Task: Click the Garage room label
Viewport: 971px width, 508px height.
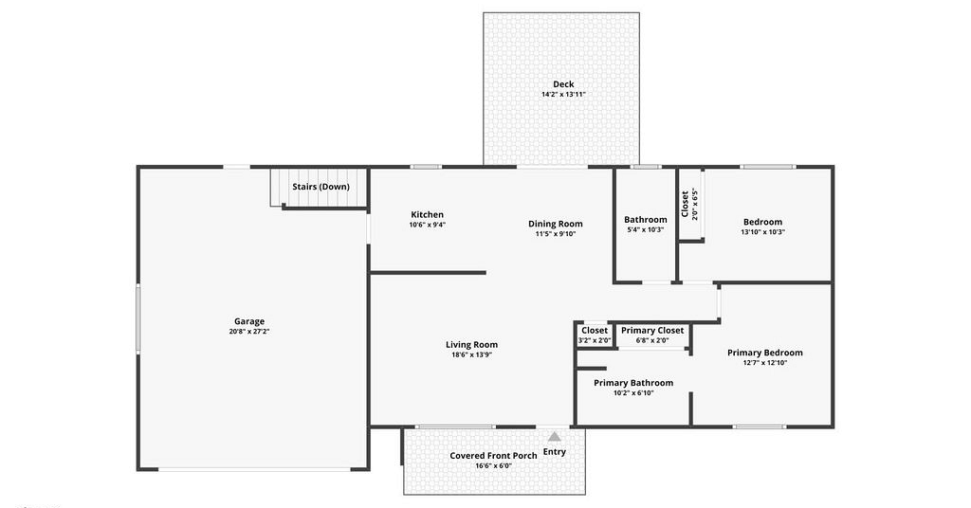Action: (x=249, y=321)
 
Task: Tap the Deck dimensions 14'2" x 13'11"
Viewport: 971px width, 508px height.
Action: (x=563, y=95)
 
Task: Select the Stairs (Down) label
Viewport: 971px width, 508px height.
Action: (x=321, y=187)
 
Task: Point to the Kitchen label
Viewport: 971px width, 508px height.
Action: (x=428, y=215)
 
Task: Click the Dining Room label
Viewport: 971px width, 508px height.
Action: (x=556, y=224)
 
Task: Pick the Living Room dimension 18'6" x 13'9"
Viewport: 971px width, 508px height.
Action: (x=472, y=355)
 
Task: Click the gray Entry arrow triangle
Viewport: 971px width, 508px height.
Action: (x=554, y=436)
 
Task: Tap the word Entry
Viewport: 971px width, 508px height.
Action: (x=554, y=452)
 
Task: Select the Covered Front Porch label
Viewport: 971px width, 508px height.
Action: (x=493, y=456)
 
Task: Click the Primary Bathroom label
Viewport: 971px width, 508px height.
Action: (x=633, y=382)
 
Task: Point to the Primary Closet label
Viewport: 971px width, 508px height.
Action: (x=652, y=331)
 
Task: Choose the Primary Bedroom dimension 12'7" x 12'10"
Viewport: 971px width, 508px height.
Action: (x=765, y=363)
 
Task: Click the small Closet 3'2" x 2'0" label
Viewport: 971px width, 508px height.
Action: (x=595, y=335)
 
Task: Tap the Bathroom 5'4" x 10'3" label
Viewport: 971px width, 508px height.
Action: (x=645, y=224)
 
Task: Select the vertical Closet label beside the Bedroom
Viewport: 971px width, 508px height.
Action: (x=685, y=204)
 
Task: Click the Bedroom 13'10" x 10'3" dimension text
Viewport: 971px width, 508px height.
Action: (x=763, y=232)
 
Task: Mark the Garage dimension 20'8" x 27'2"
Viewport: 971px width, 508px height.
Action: (x=249, y=332)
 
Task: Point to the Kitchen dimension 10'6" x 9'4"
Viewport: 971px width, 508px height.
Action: (x=428, y=226)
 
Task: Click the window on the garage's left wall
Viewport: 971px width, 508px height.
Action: (x=138, y=318)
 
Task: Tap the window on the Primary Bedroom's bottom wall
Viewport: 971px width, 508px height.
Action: (x=760, y=426)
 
